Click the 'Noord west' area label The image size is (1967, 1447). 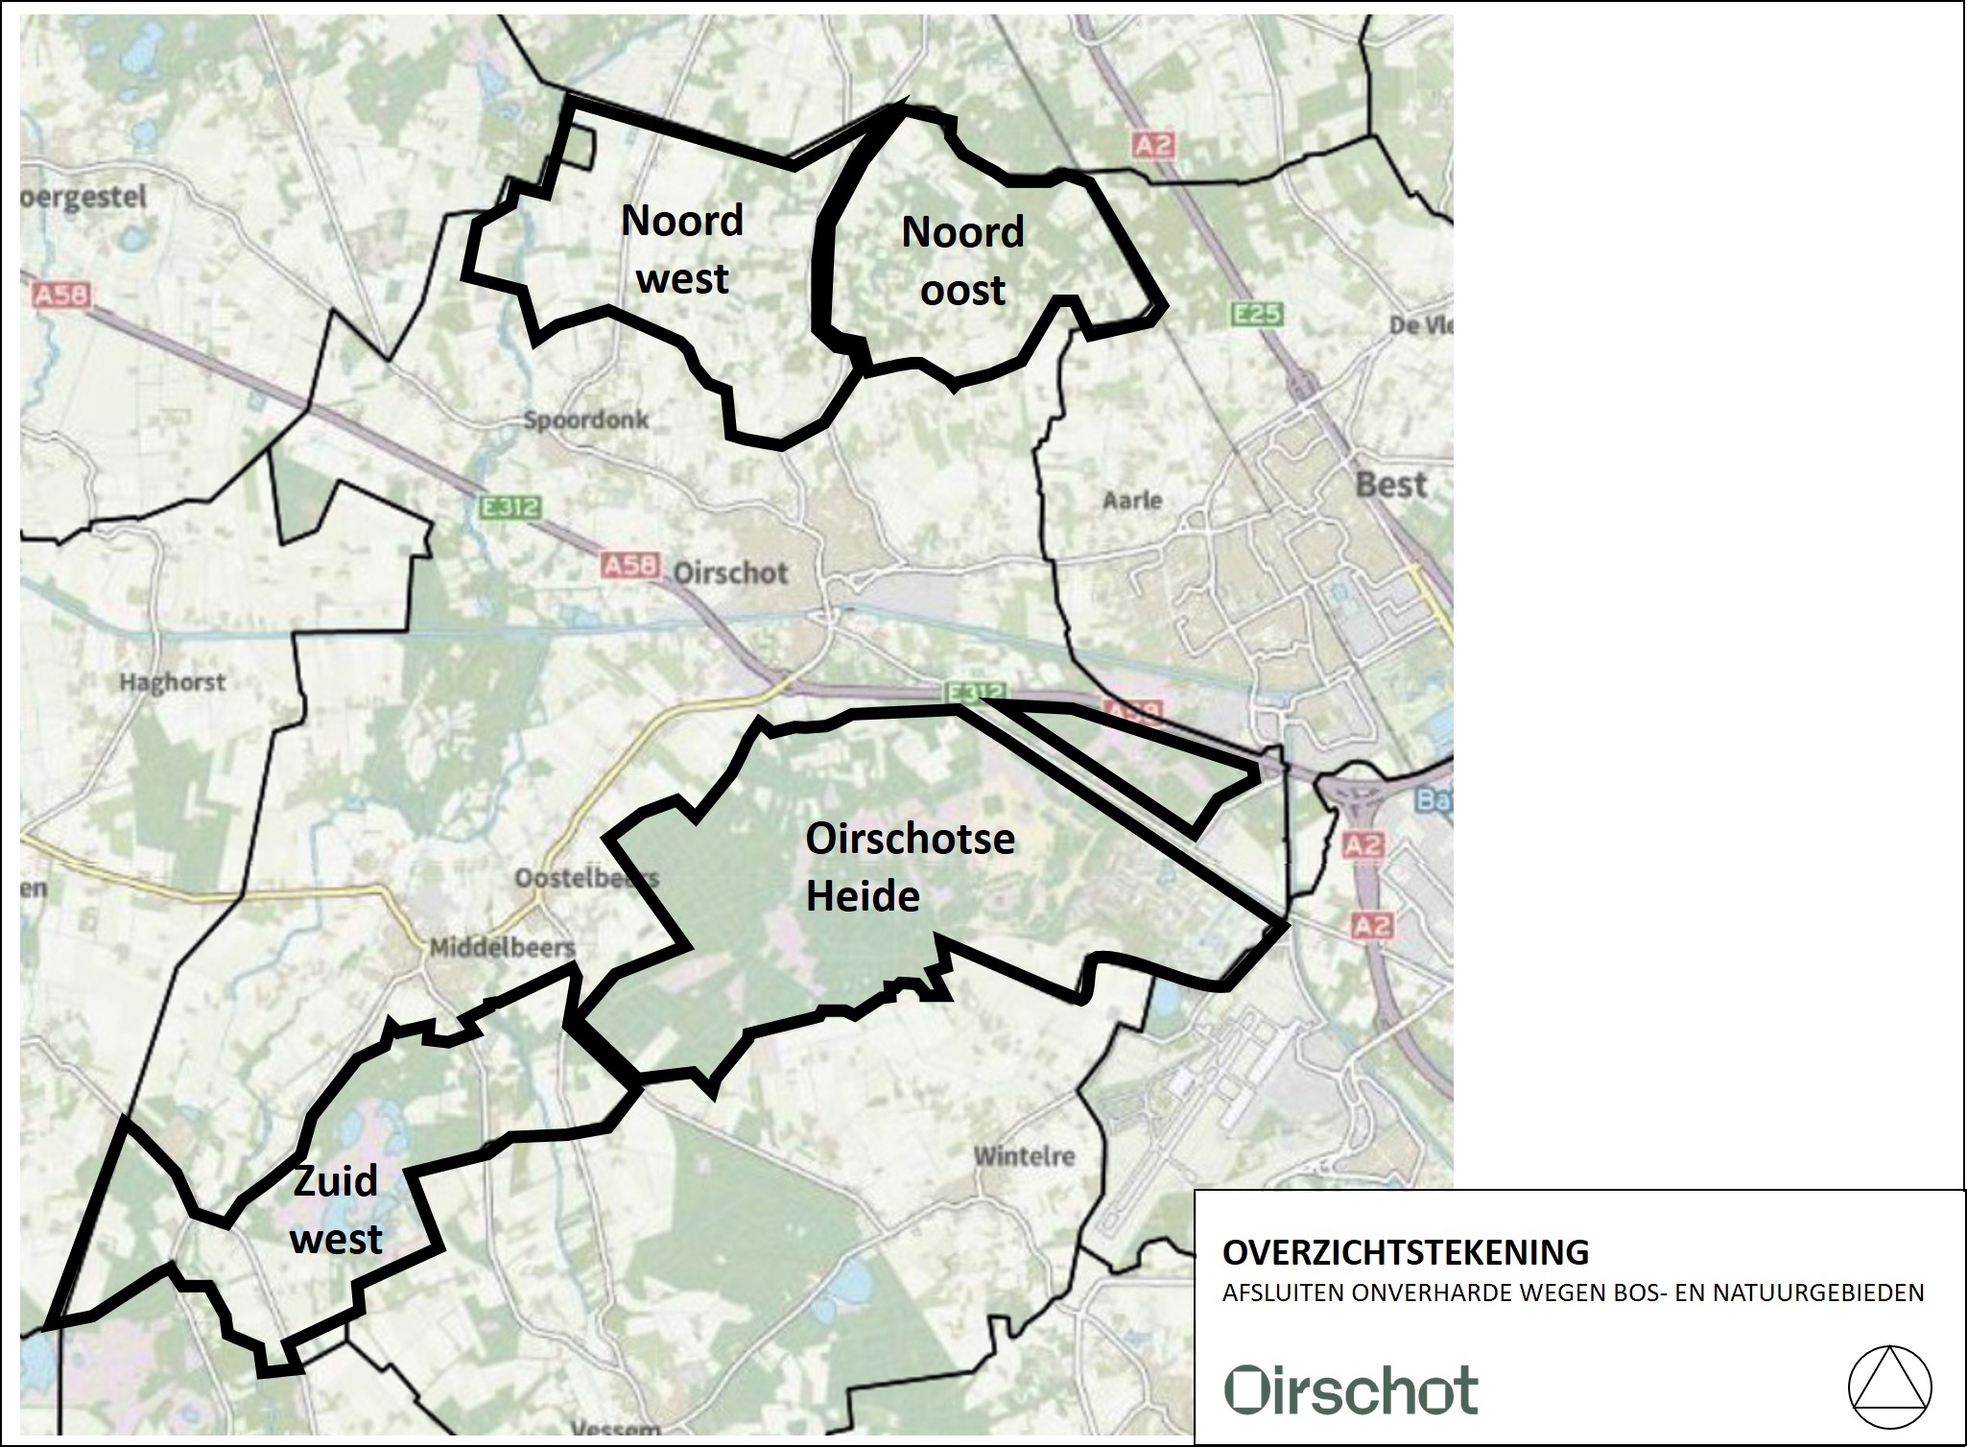(x=682, y=249)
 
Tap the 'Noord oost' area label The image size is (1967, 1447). (x=962, y=261)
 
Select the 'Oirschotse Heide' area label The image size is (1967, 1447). (x=910, y=867)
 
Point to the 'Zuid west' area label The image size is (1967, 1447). (x=336, y=1210)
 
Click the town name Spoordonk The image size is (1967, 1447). (x=585, y=419)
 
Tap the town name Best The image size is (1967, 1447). (x=1390, y=485)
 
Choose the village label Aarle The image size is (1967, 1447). (x=1132, y=500)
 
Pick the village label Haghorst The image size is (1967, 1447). (x=172, y=682)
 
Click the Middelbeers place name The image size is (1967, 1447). (x=501, y=947)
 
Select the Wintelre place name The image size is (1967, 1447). (x=1024, y=1155)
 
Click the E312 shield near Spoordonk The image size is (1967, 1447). (x=510, y=509)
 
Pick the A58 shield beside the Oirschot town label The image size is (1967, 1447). (x=630, y=565)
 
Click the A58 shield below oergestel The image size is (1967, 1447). (x=59, y=294)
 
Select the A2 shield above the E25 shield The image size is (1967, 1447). (x=1152, y=145)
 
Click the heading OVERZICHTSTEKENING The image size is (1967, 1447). (x=1406, y=1252)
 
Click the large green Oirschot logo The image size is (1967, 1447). (x=1351, y=1390)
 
